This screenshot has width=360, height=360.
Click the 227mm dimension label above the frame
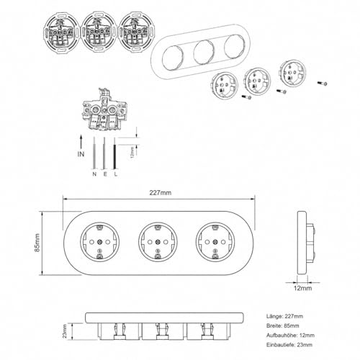coord(161,193)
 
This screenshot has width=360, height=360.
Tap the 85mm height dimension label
coord(37,243)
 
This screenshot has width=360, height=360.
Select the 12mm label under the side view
coord(303,288)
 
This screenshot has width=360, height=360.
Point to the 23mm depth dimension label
coord(65,331)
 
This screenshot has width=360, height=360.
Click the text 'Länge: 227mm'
coord(284,316)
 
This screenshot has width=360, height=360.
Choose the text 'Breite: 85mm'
coord(283,325)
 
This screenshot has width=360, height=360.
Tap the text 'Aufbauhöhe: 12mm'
coord(290,336)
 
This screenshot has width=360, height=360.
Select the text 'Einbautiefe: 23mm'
coord(289,345)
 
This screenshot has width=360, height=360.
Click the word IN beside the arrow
coord(81,154)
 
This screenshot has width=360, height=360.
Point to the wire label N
coord(94,174)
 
